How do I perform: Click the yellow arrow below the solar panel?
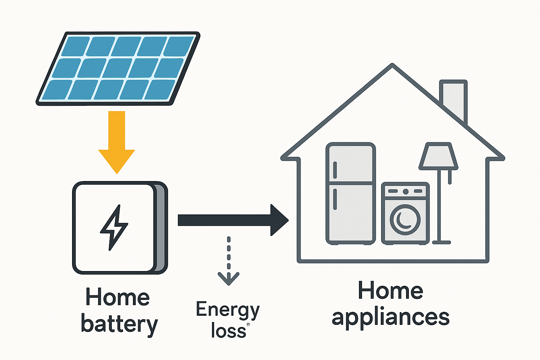[117, 141]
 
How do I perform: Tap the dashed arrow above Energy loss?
[229, 260]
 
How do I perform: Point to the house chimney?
[454, 98]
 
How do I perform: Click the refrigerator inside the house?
[351, 193]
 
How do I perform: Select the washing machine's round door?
[405, 220]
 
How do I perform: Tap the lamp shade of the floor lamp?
[438, 155]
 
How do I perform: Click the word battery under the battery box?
[119, 324]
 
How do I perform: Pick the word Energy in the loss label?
[227, 310]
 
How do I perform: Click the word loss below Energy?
[228, 331]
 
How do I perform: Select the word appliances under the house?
[390, 317]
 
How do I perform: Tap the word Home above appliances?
[390, 291]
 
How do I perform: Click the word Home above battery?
[117, 297]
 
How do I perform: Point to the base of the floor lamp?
[441, 242]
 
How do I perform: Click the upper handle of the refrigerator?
[335, 170]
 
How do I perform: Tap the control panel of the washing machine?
[405, 191]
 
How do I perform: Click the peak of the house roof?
[392, 66]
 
